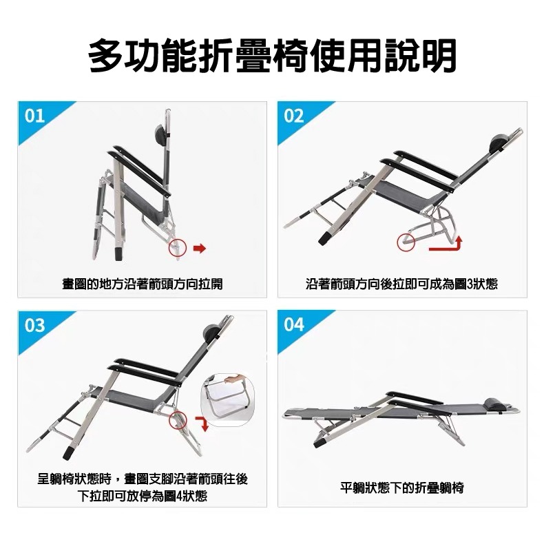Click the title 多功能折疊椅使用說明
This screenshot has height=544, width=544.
point(272,56)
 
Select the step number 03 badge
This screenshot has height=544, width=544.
point(34,324)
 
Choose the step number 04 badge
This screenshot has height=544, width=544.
point(294,324)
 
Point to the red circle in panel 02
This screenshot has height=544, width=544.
point(404,242)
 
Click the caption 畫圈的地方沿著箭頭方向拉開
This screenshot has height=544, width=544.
point(143,284)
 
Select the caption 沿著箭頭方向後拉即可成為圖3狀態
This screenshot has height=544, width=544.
point(401,284)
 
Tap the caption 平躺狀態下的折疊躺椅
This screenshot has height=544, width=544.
point(402,488)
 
